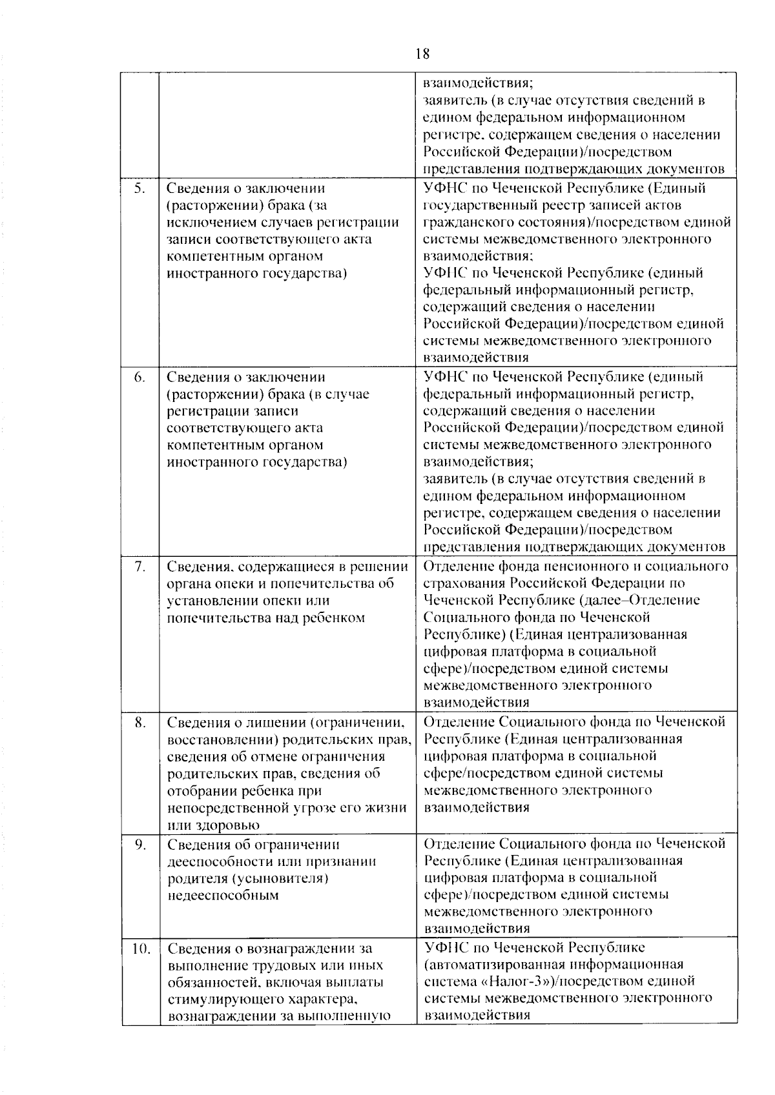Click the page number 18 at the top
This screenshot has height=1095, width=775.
(423, 54)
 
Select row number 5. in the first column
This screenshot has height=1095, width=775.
(139, 188)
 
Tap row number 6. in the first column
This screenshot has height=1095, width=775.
(139, 377)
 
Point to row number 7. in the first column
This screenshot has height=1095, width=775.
(139, 567)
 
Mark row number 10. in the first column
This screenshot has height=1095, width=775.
(141, 948)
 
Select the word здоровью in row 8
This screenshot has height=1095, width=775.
(223, 825)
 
